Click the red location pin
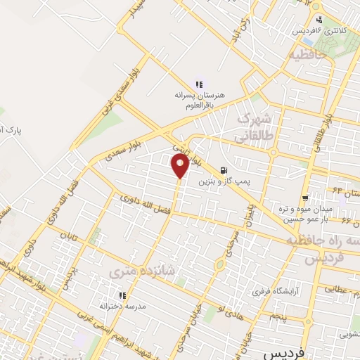coord(180,166)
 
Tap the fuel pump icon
coord(224,170)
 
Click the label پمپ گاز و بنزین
coord(224,182)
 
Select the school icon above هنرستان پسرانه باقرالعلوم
coord(199,84)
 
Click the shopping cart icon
coord(304,199)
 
